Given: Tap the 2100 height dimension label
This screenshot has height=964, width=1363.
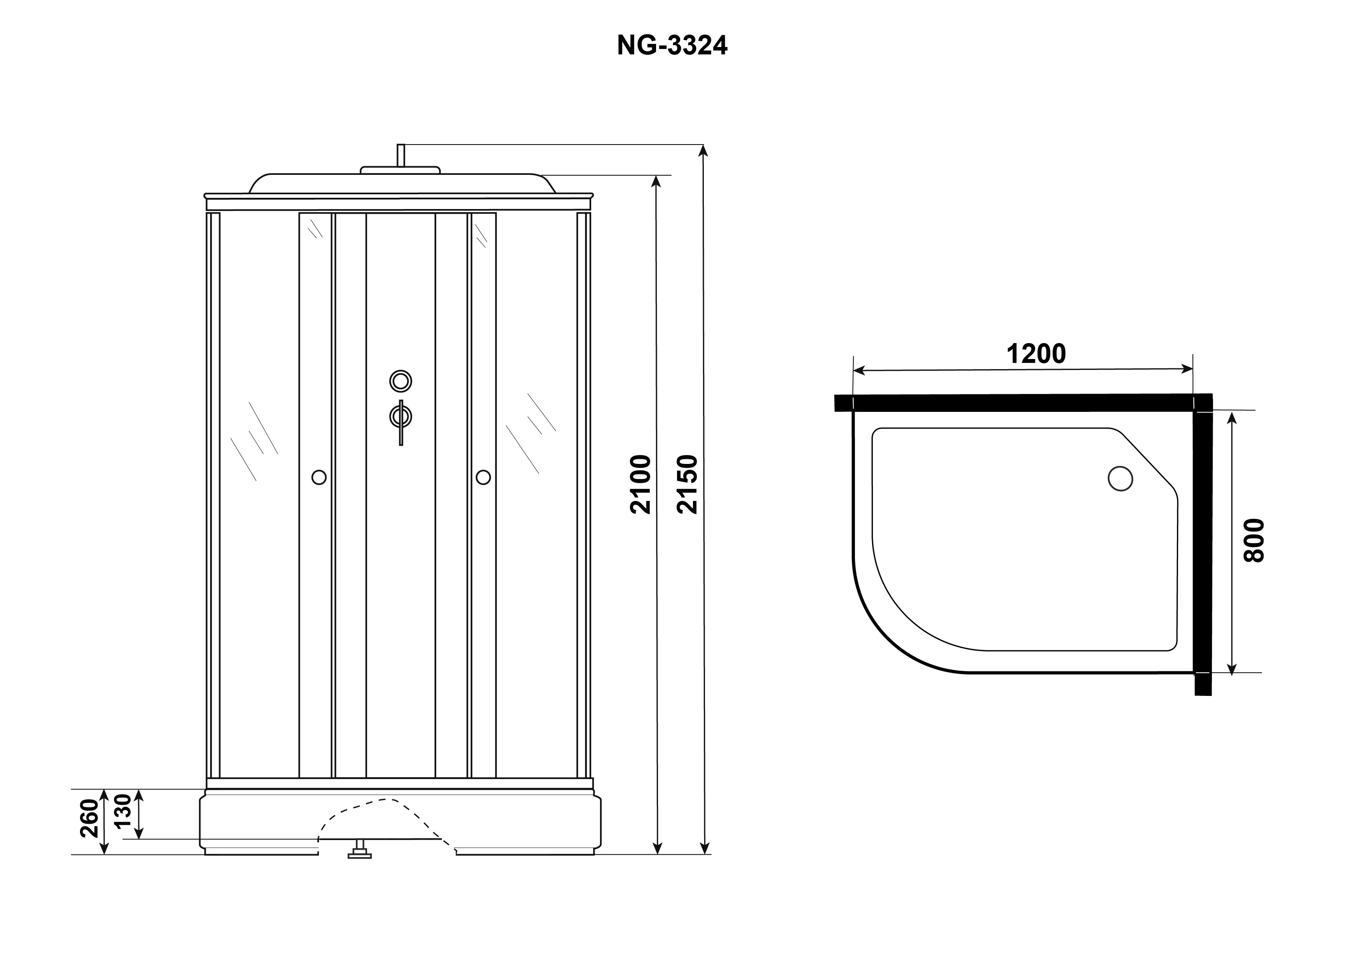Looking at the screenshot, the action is [641, 484].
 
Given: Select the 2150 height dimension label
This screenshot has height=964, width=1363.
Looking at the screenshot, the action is [688, 484].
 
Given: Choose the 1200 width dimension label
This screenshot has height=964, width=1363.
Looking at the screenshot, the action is [1036, 354].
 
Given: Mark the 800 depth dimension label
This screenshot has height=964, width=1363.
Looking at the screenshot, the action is [1254, 540].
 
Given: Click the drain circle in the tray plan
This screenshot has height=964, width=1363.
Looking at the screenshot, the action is [1120, 479].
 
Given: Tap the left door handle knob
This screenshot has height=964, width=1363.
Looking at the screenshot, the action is [319, 477].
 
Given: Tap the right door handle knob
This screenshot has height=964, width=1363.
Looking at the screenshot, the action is [483, 477].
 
